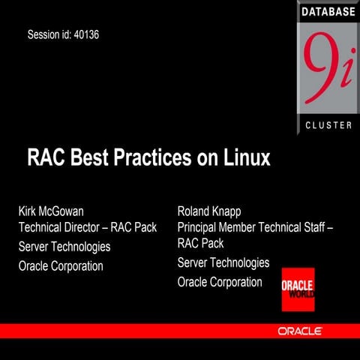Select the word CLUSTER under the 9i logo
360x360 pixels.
pyautogui.click(x=328, y=124)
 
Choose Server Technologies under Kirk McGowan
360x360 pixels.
pyautogui.click(x=64, y=246)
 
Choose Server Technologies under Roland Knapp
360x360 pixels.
pyautogui.click(x=223, y=262)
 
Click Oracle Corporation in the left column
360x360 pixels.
pyautogui.click(x=61, y=265)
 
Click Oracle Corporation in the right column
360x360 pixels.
pyautogui.click(x=220, y=282)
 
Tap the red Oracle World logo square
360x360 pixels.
pyautogui.click(x=298, y=289)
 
